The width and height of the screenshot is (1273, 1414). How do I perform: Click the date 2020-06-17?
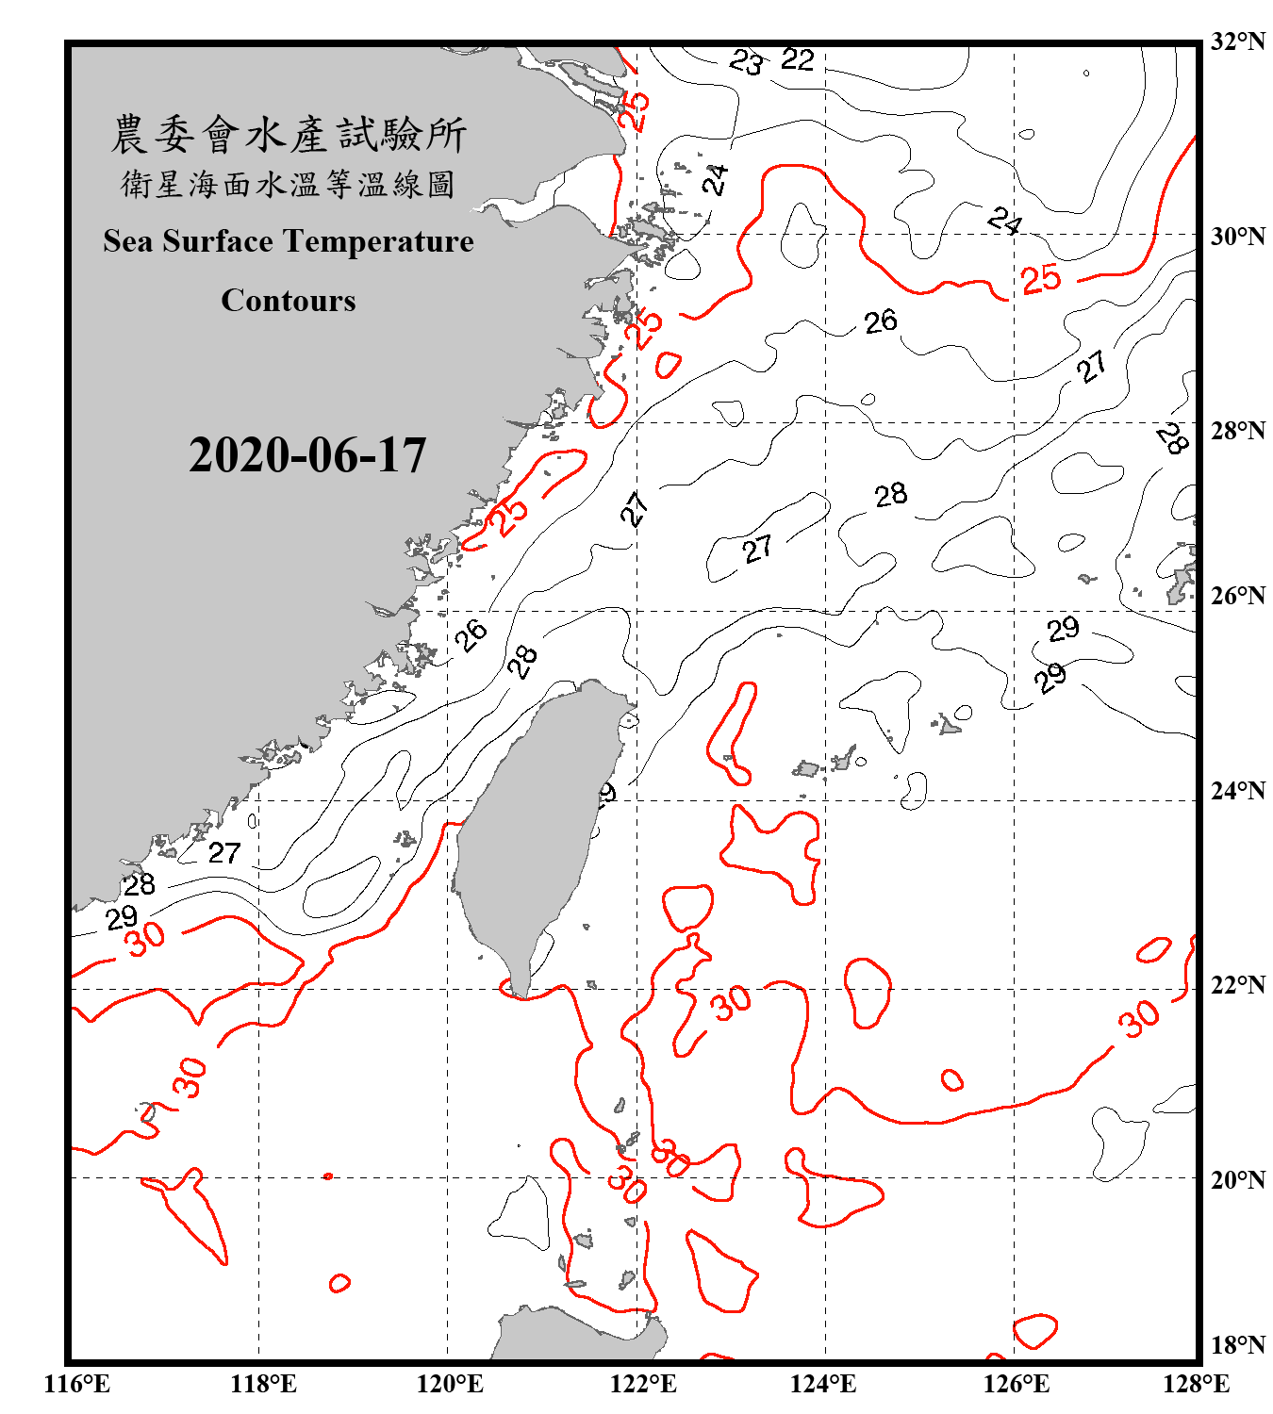point(307,455)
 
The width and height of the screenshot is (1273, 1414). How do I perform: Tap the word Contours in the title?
point(289,301)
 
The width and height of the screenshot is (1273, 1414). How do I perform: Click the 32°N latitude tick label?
point(1237,41)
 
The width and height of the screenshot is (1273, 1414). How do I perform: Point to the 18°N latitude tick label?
point(1237,1345)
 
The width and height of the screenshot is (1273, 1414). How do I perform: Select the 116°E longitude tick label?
point(77,1384)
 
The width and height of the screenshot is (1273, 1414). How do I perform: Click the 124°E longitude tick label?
point(823,1384)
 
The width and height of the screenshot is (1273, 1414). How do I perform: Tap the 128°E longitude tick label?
point(1196,1384)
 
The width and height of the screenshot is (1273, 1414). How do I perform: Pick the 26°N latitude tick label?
point(1237,596)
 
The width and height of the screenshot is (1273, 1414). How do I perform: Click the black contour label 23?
point(746,63)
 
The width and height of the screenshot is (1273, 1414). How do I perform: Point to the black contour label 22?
point(797,60)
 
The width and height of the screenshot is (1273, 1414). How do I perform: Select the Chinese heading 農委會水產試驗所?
point(289,135)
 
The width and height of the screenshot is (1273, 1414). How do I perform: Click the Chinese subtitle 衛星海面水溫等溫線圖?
point(289,184)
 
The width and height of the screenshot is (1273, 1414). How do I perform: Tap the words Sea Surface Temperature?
point(289,241)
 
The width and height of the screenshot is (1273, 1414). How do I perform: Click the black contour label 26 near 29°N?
point(880,321)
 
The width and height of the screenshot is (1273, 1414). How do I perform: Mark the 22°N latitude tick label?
point(1237,985)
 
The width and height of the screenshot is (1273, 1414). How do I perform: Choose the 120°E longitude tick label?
point(450,1384)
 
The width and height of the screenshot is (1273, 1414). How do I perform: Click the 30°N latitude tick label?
point(1237,237)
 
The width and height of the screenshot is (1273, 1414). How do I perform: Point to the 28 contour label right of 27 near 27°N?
point(890,495)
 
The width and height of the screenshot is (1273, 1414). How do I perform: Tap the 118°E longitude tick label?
point(263,1384)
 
